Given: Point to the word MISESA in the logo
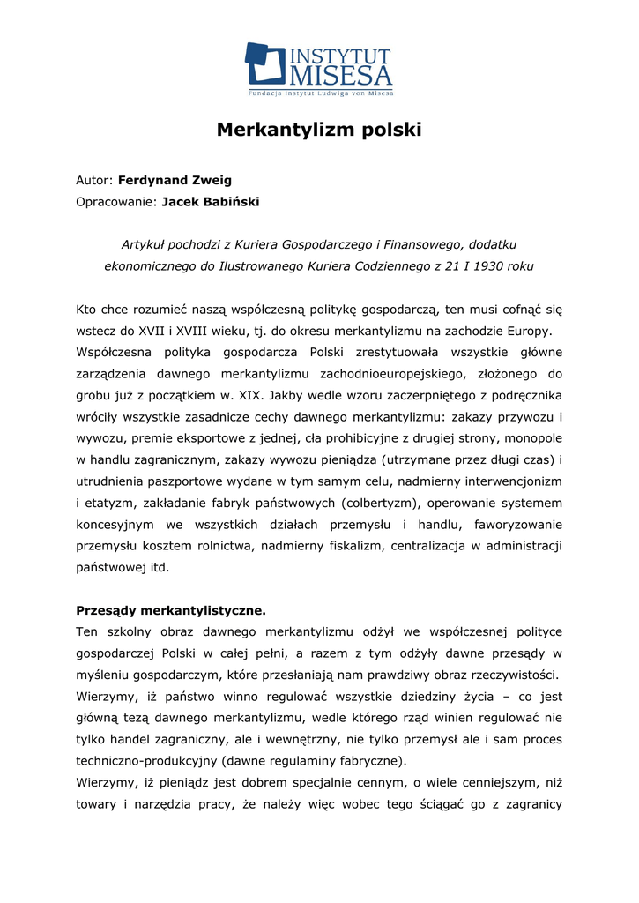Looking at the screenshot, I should pyautogui.click(x=341, y=74).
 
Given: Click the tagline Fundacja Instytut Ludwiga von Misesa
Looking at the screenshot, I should pyautogui.click(x=319, y=92).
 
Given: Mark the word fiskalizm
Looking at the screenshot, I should pyautogui.click(x=352, y=546).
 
